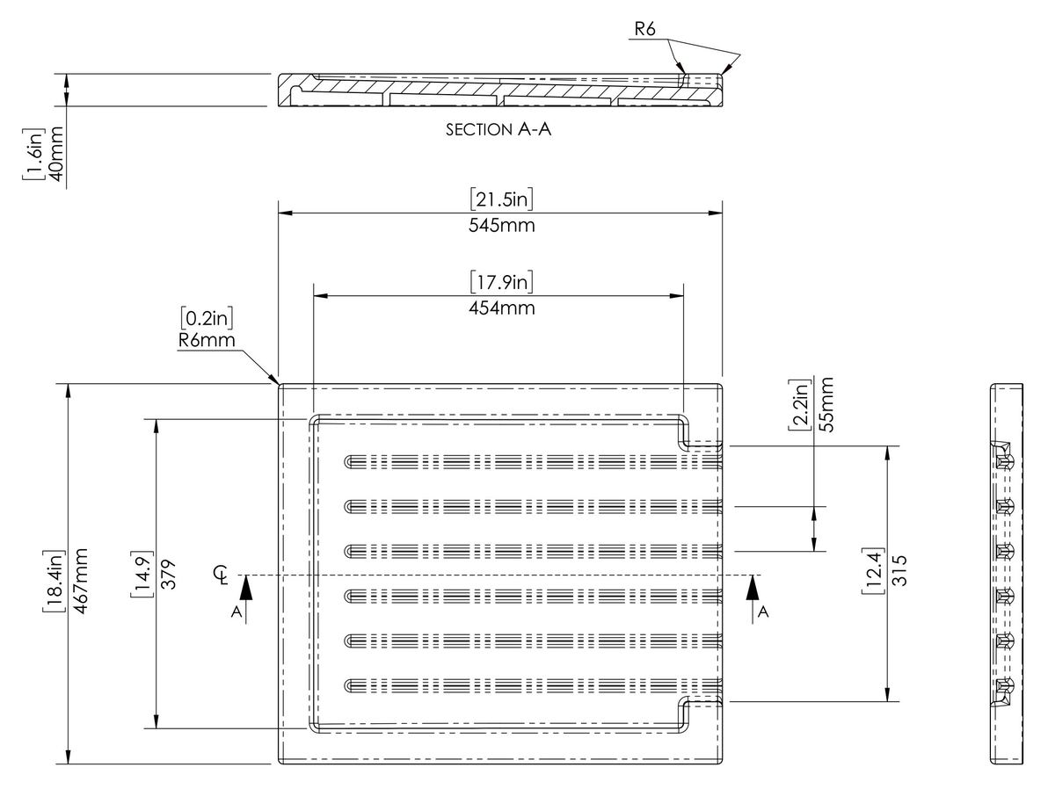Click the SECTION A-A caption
[x=498, y=129]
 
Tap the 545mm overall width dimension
[x=501, y=225]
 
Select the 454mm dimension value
[x=501, y=308]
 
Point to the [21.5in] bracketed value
[x=501, y=199]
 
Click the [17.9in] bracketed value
[x=501, y=282]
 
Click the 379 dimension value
[x=168, y=574]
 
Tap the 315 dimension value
[x=899, y=570]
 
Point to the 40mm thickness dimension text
[x=56, y=154]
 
